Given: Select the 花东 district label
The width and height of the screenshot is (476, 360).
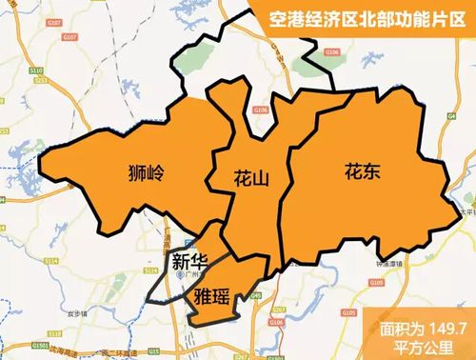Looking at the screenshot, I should [363, 172].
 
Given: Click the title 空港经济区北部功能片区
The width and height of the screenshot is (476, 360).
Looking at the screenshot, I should [364, 17].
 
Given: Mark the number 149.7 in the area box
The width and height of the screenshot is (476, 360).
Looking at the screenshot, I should [445, 327].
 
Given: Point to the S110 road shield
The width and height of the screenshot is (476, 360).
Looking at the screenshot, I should [36, 70].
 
